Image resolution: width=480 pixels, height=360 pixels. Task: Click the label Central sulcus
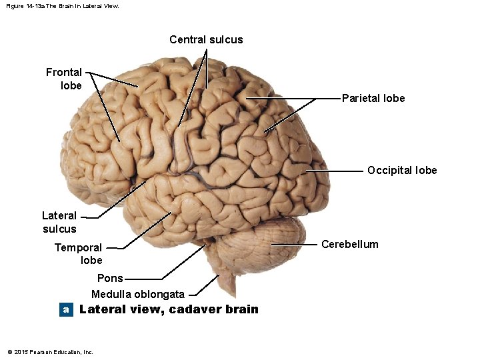coord(206,40)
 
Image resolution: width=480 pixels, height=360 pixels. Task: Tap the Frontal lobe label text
coord(64,79)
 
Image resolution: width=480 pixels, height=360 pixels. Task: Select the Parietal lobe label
coord(373,99)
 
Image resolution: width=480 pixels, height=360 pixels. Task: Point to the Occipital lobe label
coord(402,170)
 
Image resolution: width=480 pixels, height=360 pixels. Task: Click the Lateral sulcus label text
coord(59,222)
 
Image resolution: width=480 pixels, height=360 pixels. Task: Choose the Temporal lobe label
coord(79,253)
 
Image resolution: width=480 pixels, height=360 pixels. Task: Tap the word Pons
coord(110,278)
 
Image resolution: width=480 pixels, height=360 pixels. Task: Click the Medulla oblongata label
coord(138,294)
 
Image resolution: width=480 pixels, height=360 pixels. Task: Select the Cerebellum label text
coord(349,244)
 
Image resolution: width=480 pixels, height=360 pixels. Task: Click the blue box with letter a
coord(65,309)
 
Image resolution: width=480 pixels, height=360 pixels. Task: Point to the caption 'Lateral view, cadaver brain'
coord(169,309)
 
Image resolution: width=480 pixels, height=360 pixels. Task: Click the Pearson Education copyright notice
coord(50,351)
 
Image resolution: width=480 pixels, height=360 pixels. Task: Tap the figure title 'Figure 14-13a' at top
coord(62,6)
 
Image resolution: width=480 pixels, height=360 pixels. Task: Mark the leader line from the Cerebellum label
coord(297,245)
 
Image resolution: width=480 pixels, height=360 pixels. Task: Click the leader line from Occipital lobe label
coord(337,171)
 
